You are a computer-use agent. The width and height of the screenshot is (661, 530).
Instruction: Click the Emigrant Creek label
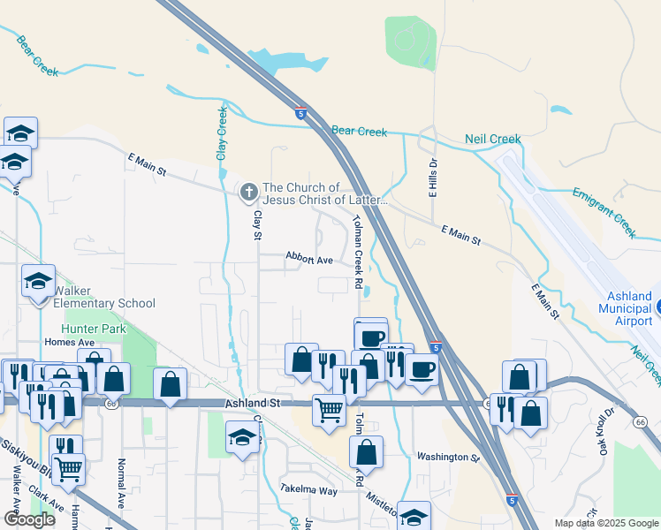click(x=604, y=212)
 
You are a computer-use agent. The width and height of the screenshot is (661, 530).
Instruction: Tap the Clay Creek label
click(x=222, y=133)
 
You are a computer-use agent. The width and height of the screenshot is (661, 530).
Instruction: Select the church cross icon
click(x=249, y=191)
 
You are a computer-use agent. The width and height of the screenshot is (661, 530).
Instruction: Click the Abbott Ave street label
click(x=308, y=260)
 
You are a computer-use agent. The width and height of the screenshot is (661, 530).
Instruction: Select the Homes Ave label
click(x=69, y=343)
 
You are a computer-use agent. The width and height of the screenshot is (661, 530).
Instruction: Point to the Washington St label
click(x=447, y=458)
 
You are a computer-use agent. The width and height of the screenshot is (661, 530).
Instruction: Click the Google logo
click(x=29, y=519)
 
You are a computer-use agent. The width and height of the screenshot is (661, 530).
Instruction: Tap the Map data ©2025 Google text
click(x=605, y=523)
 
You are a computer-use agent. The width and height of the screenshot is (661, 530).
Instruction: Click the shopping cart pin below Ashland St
click(x=329, y=411)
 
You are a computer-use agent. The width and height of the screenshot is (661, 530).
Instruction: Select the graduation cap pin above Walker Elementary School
click(x=39, y=283)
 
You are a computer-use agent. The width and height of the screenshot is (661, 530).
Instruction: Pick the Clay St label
click(x=257, y=224)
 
